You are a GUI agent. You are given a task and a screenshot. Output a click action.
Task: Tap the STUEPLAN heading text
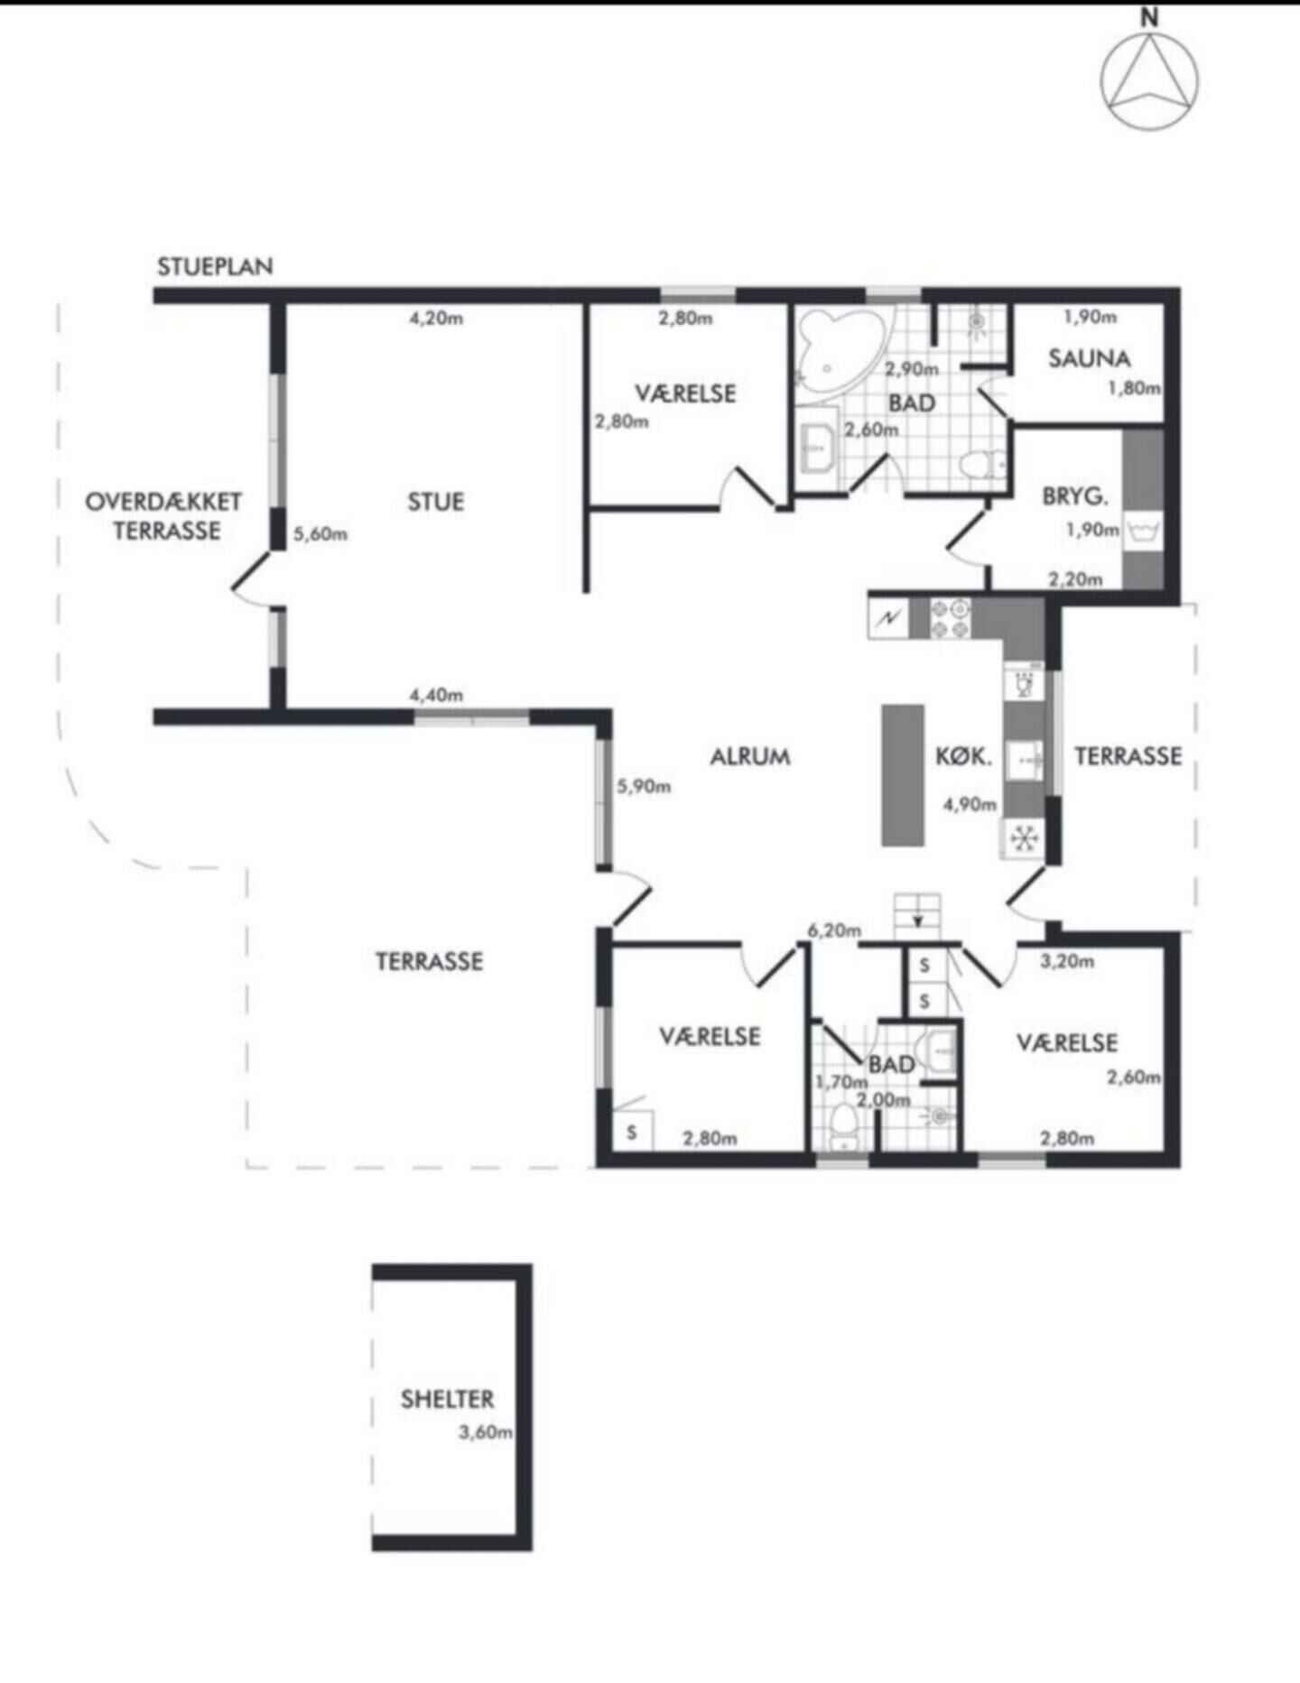pos(215,267)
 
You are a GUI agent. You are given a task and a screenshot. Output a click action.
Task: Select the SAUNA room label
pos(1089,359)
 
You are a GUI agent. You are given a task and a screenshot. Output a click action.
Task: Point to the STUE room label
pos(435,502)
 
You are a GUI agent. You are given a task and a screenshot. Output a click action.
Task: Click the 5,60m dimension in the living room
pos(320,533)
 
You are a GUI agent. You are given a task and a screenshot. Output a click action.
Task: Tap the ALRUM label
pos(749,756)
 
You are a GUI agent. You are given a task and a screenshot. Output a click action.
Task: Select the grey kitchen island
pos(903,775)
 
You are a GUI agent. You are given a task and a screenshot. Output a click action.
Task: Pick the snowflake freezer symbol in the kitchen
pos(1023,839)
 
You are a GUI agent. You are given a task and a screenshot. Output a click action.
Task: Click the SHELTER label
pos(447,1400)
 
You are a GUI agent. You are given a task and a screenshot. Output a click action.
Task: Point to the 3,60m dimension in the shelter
pos(486,1431)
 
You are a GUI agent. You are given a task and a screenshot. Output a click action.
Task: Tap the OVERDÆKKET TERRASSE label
pos(164,515)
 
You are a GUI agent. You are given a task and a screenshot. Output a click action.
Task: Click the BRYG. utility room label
pos(1074,496)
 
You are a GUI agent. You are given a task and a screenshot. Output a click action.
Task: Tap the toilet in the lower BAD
pos(844,1126)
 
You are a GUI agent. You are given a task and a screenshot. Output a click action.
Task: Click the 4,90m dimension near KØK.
pos(970,804)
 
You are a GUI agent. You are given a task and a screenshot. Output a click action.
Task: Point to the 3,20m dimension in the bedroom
pos(1067,961)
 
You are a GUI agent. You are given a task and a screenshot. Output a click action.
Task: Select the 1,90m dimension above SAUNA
pos(1090,317)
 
